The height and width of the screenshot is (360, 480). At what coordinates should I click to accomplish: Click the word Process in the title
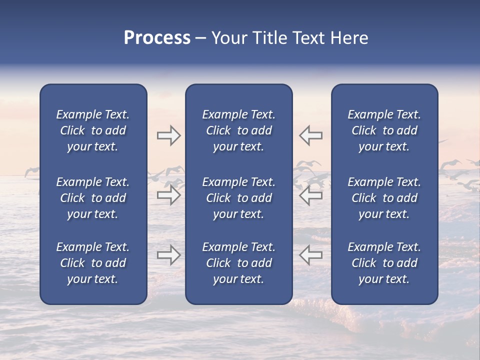pos(157,38)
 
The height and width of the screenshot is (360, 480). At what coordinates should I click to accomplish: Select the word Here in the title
pos(348,38)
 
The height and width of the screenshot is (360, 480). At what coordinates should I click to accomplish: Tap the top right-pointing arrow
pos(169,135)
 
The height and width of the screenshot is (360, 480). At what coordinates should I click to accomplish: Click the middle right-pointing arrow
pos(169,195)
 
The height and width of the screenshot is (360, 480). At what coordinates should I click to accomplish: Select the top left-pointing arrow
pos(310,135)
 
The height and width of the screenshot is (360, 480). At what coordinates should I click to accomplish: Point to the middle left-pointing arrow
pos(310,195)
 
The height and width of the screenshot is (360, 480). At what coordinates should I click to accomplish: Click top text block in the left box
pos(93,130)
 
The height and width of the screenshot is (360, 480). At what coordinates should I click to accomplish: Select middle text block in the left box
pos(93,198)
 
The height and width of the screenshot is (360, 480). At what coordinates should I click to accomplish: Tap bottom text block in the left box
pos(93,263)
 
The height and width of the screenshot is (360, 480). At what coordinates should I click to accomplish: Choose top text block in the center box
pos(238,130)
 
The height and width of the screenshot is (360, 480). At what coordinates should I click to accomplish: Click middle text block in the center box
pos(238,198)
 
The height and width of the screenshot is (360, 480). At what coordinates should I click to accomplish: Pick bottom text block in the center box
pos(238,263)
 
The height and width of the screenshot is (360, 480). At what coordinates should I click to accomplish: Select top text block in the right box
pos(384,130)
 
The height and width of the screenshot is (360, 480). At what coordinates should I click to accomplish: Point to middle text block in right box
pos(384,198)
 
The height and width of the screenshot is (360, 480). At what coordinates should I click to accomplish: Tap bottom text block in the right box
pos(384,263)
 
